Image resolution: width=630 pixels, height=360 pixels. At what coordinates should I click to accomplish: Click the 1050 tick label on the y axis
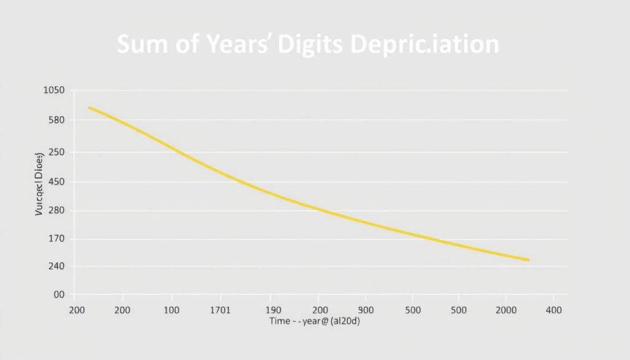[54, 90]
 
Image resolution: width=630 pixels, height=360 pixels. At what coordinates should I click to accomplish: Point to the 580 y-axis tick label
[55, 120]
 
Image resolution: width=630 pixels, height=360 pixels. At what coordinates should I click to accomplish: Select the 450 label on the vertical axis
[55, 182]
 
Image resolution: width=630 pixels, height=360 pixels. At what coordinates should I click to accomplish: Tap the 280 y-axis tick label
[55, 210]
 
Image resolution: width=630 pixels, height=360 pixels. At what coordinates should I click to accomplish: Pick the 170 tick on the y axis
[55, 239]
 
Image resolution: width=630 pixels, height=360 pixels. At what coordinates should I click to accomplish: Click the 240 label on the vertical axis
[55, 266]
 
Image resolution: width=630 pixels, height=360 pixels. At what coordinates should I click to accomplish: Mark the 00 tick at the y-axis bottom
[59, 295]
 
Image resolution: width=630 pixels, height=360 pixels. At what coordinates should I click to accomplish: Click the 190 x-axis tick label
[271, 310]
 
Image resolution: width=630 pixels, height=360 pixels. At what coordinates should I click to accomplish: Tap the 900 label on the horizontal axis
[365, 310]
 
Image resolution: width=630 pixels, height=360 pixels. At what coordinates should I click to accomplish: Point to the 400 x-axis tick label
[553, 310]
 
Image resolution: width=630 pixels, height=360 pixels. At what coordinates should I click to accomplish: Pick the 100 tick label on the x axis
[171, 310]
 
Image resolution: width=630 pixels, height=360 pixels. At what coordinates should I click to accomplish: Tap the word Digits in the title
[311, 46]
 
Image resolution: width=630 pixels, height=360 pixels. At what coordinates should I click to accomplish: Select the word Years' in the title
[237, 46]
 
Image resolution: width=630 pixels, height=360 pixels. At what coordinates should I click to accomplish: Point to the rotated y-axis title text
[39, 183]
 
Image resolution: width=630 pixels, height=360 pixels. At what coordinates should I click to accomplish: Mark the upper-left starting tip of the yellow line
[89, 108]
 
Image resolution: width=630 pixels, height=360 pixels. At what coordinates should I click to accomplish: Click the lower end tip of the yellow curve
[528, 260]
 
